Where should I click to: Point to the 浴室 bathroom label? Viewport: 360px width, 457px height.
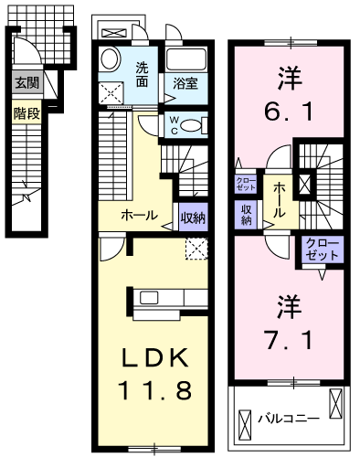(189, 84)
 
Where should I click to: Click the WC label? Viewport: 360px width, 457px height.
(175, 123)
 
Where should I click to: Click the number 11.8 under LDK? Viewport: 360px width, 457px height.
(154, 391)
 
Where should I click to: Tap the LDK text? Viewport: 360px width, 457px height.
(154, 356)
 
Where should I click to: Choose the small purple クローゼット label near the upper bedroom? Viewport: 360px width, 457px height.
(246, 184)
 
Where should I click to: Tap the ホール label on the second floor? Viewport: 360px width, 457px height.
(278, 198)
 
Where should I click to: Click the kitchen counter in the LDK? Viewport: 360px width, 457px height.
(168, 299)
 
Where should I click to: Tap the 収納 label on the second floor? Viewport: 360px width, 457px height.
(247, 215)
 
